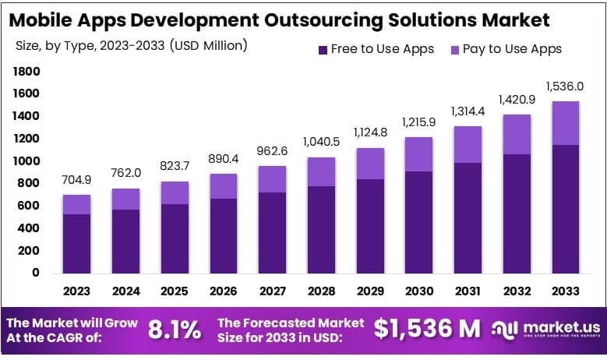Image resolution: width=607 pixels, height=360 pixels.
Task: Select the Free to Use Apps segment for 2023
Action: coord(77,243)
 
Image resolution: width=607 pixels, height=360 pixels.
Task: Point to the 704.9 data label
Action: coord(77,180)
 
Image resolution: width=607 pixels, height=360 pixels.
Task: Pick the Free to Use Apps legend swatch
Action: coord(322,49)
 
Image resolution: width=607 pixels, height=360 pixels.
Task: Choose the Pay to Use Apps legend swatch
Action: coord(454,49)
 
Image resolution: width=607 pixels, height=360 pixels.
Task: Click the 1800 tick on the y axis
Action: coord(26,72)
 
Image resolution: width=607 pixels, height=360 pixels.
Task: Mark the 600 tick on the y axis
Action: coord(30,206)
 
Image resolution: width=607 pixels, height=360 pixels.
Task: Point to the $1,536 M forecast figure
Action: coord(427,329)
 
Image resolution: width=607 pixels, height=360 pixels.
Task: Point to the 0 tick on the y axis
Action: coord(36,273)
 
